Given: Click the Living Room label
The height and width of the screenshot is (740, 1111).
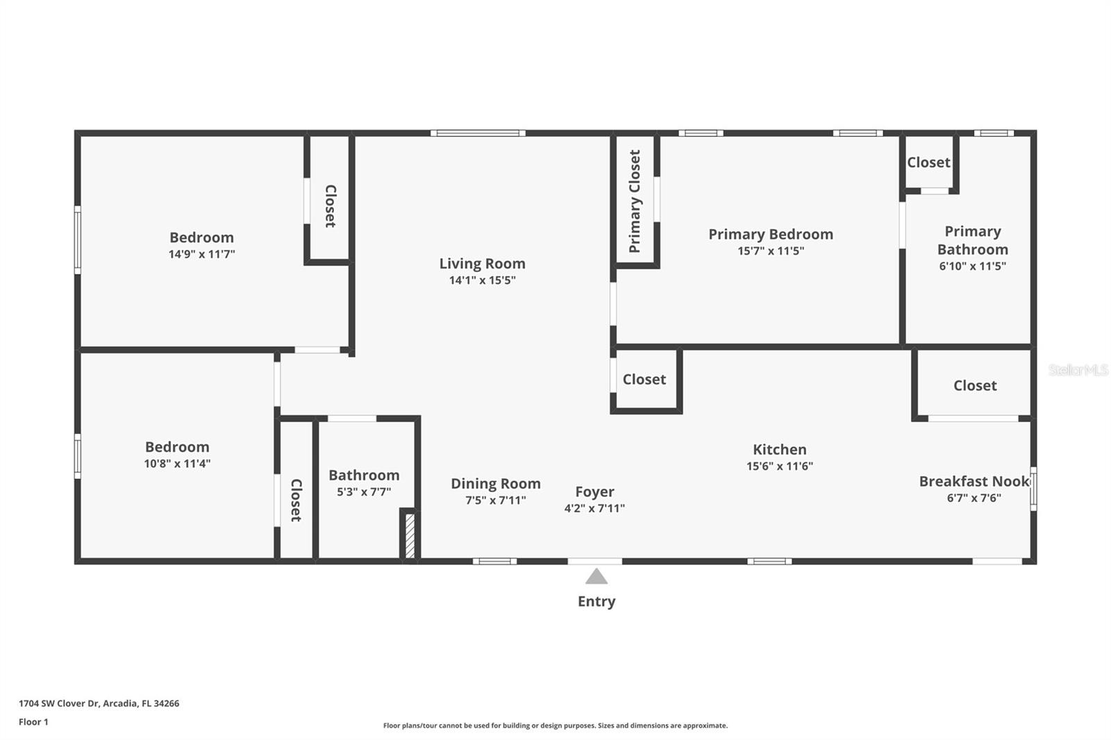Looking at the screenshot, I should pos(482,264).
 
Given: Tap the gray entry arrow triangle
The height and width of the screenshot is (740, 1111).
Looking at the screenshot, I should pos(596,577).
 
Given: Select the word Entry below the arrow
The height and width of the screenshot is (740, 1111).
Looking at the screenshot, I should pos(596,601).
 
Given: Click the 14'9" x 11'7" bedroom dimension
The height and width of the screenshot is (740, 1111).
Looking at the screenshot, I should pos(201,254).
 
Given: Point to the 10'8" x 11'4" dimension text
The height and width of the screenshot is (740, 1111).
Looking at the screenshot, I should pos(177,464).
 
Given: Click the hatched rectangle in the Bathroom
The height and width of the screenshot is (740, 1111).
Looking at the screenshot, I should pos(410,535).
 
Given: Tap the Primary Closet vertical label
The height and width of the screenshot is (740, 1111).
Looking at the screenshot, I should pos(635,201).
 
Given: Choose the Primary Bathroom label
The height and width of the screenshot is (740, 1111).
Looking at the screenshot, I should pos(972,240).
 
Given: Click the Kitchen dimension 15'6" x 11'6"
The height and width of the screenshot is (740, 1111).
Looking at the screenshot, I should pos(779,466).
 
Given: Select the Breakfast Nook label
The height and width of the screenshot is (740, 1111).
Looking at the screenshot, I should pos(974,481).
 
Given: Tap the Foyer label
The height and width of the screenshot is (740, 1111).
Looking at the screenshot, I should pos(594,491).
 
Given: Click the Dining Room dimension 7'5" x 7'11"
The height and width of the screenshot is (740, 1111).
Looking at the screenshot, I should pos(495,501).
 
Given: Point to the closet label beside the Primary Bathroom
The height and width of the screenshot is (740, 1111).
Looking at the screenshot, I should pos(928,162).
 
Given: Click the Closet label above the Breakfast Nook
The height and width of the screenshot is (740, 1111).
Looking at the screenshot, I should pos(974,385).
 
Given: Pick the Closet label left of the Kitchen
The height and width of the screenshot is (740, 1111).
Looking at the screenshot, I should pos(644,379).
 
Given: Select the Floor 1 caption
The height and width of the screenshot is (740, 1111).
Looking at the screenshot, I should pos(33,722).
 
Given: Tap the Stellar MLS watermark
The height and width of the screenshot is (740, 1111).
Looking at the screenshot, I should pos(1078,370).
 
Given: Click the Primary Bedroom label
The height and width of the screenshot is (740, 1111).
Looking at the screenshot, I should pos(770,235).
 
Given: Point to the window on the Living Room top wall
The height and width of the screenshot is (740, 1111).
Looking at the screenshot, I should pos(478,133).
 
